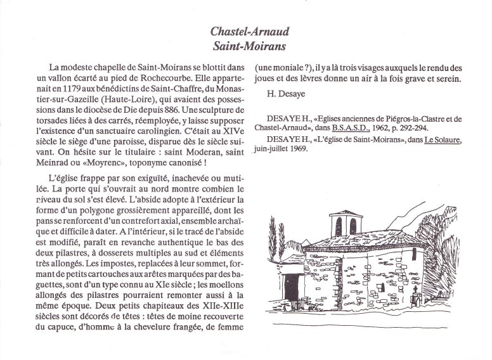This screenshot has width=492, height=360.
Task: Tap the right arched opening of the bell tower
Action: tap(351, 226)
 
